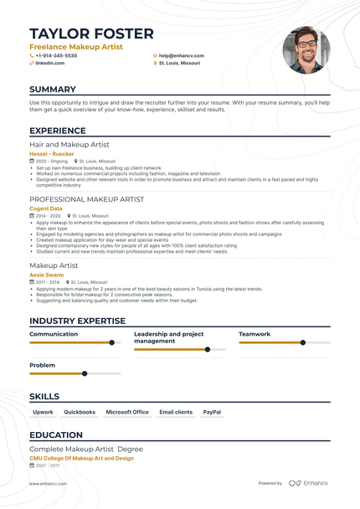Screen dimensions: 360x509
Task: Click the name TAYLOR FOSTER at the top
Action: coord(91,33)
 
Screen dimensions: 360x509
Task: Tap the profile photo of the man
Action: coord(306,49)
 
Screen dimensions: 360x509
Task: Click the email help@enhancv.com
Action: coord(179,55)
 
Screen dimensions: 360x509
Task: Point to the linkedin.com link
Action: coord(49,63)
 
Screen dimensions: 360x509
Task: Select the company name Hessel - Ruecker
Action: coord(51,154)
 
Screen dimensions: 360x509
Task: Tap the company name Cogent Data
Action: coord(46,208)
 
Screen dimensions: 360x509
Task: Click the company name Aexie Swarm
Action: coord(47,275)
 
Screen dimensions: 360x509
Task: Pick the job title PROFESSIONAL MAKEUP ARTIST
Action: coord(86,199)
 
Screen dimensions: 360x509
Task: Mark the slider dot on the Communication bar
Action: coord(111,342)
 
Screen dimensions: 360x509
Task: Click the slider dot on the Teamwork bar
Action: coord(303,342)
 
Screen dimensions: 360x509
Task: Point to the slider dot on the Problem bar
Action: coord(85,373)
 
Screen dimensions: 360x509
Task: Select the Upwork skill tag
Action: coord(43,412)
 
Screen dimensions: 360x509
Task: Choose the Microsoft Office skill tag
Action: coord(127,412)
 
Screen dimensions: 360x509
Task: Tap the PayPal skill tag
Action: coord(212,412)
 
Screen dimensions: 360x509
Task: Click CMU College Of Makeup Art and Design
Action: coord(81,458)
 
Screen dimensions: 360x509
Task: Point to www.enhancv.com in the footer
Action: coord(48,483)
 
